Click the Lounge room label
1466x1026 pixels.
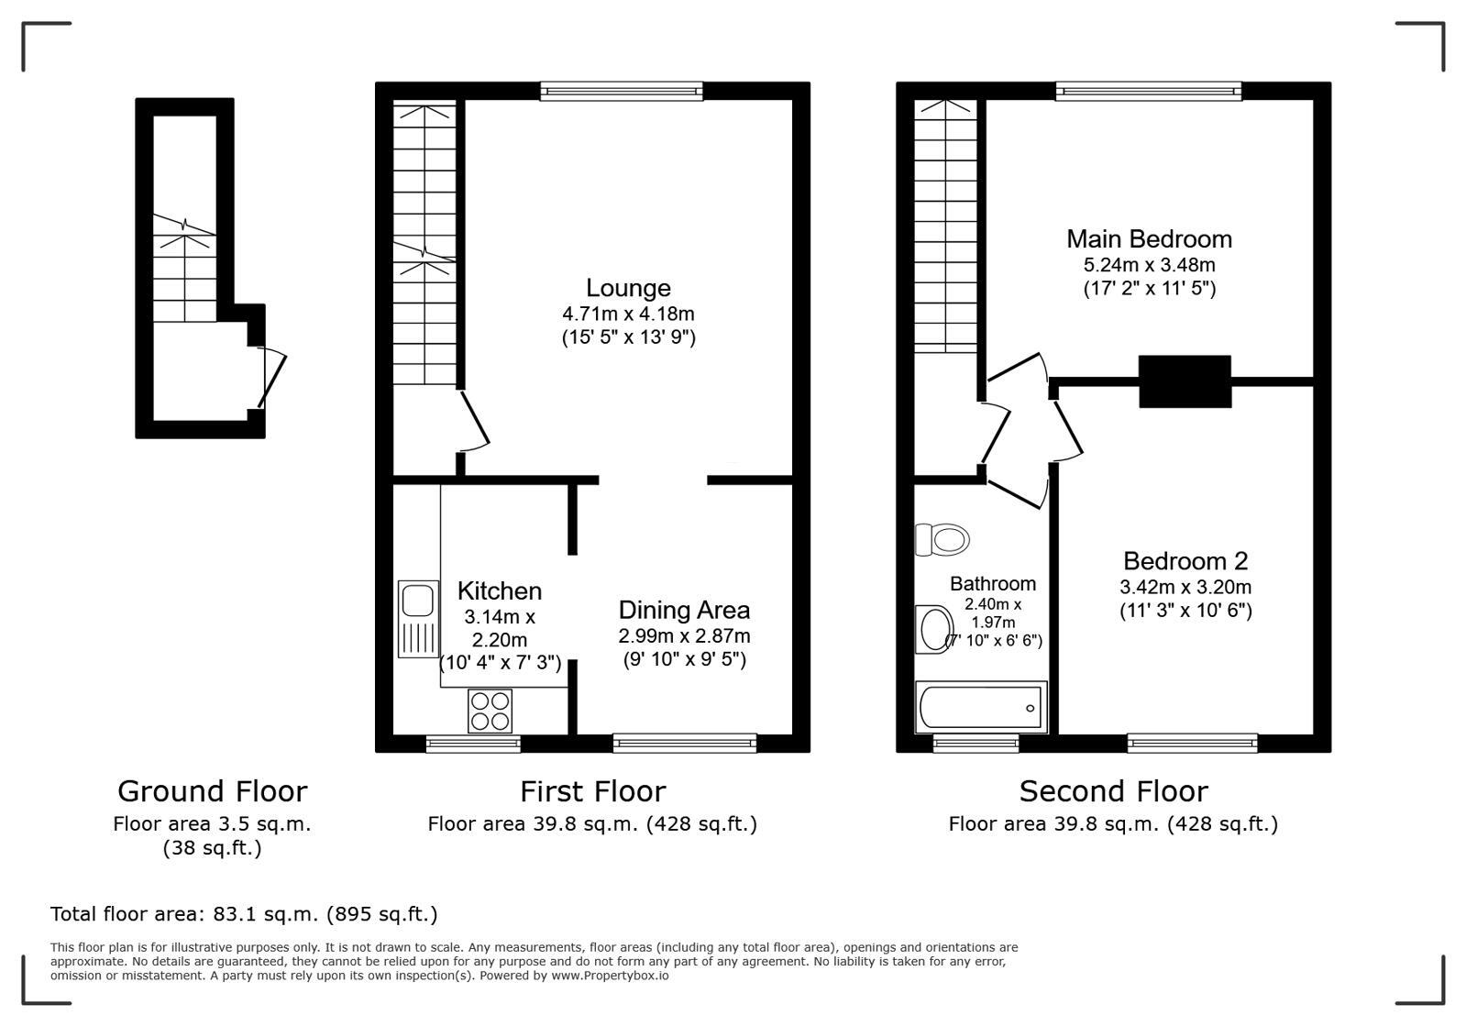pyautogui.click(x=628, y=289)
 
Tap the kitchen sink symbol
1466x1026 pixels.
pyautogui.click(x=418, y=618)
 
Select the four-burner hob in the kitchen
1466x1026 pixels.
pyautogui.click(x=490, y=711)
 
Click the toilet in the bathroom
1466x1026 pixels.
pyautogui.click(x=942, y=539)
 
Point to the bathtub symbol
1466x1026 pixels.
pyautogui.click(x=981, y=708)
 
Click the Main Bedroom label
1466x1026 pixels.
pyautogui.click(x=1149, y=239)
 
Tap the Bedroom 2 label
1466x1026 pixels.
pyautogui.click(x=1185, y=561)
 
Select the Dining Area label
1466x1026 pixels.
pyautogui.click(x=684, y=610)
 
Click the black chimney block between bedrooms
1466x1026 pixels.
pyautogui.click(x=1185, y=381)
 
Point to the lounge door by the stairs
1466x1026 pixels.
pyautogui.click(x=475, y=422)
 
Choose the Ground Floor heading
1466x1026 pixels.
pyautogui.click(x=212, y=791)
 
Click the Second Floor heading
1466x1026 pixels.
pyautogui.click(x=1113, y=791)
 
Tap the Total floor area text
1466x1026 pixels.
pyautogui.click(x=244, y=914)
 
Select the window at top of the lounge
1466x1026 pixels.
pyautogui.click(x=622, y=90)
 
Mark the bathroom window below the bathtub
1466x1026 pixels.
pyautogui.click(x=975, y=743)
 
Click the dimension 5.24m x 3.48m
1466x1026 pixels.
pyautogui.click(x=1149, y=265)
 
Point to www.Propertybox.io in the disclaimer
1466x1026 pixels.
pyautogui.click(x=610, y=976)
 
